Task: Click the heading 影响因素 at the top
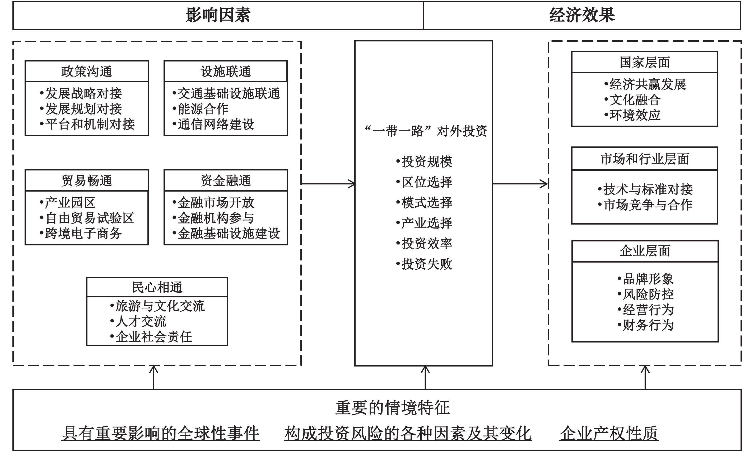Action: tap(218, 15)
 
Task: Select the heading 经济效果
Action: tap(582, 15)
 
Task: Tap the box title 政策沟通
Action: tap(87, 72)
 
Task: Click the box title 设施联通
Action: tap(226, 72)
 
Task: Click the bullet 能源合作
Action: tap(200, 109)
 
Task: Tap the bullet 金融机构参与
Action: tap(213, 218)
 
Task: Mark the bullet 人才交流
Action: tap(138, 321)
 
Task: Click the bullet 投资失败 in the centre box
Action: tap(424, 264)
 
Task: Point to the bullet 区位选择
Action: tap(424, 182)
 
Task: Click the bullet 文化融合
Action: tap(632, 99)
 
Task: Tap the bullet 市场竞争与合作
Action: tap(645, 205)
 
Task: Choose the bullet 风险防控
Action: tap(645, 294)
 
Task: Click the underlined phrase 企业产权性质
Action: tap(609, 433)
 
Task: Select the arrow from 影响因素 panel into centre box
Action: tap(328, 184)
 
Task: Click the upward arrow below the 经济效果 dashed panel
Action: tap(645, 377)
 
